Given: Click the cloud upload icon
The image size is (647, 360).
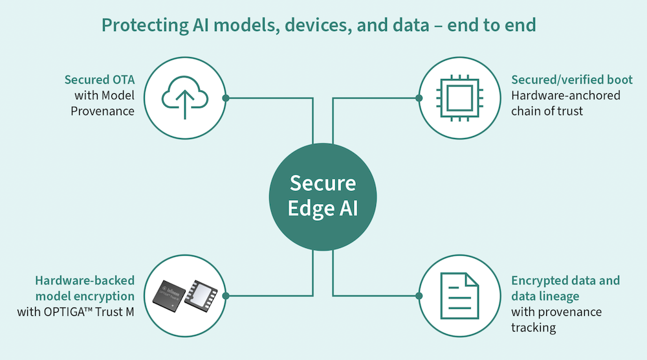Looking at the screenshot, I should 184,98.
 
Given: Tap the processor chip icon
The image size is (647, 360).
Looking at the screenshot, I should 461,98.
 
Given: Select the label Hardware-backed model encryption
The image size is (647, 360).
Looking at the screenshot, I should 84,288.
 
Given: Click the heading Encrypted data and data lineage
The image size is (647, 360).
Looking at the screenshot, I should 565,288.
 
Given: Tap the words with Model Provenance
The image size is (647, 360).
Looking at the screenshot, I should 103,103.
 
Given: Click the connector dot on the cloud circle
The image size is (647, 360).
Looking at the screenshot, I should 226,98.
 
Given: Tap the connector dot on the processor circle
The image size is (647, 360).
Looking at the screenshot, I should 419,98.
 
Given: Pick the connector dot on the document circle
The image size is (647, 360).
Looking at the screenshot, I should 419,295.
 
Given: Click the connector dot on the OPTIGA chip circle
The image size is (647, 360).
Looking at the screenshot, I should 226,295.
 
